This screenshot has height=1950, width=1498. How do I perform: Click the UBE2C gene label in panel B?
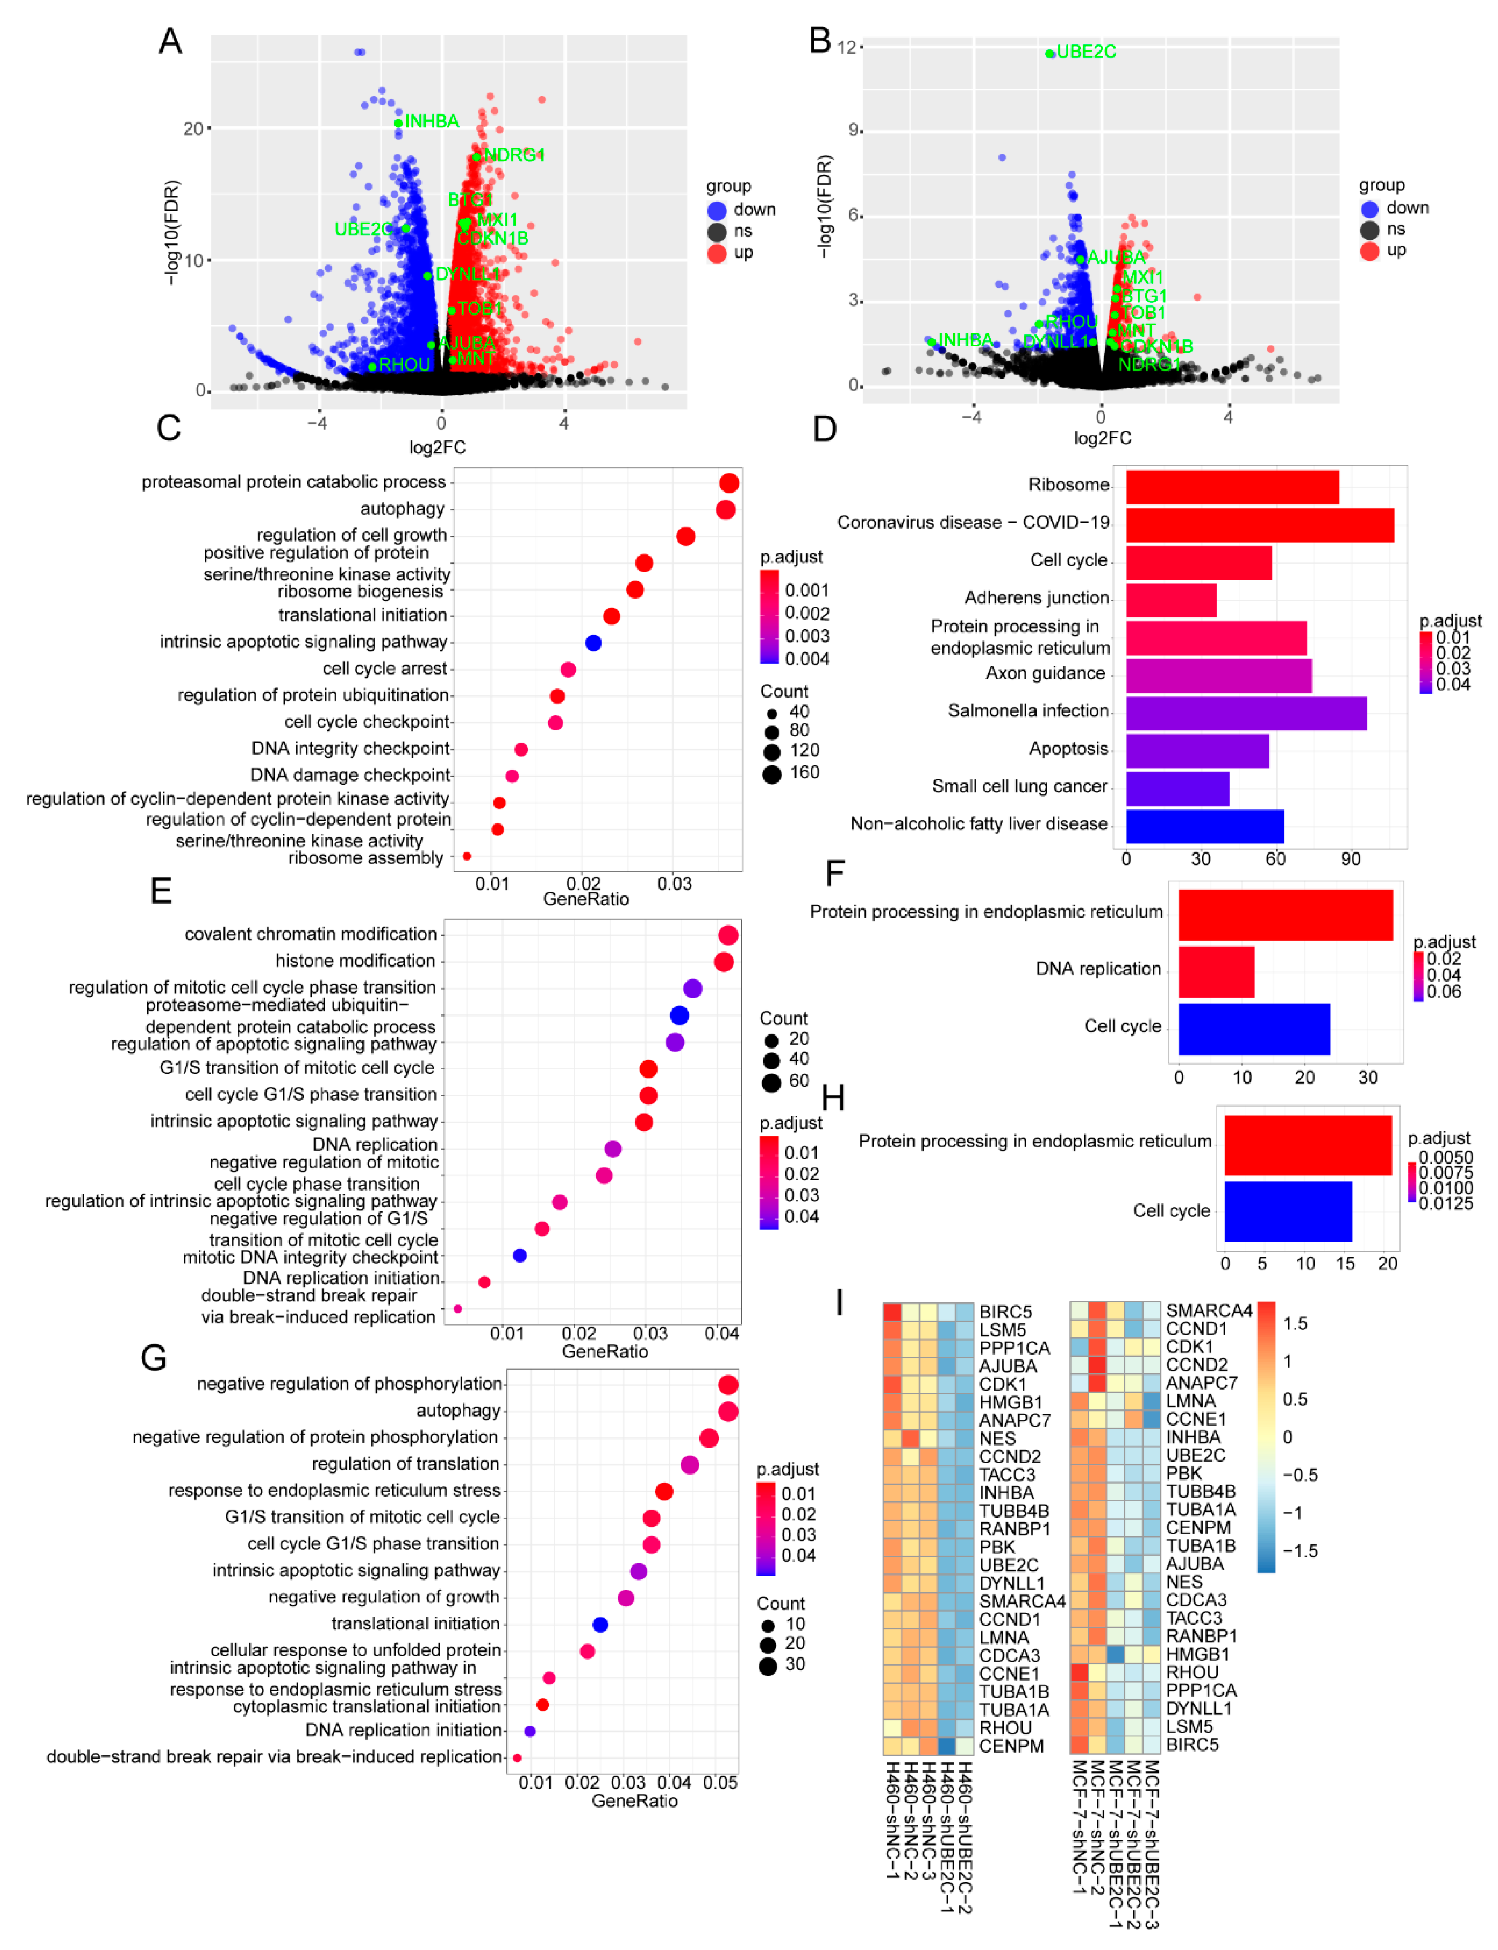click(1085, 52)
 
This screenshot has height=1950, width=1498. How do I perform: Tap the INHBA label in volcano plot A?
click(432, 121)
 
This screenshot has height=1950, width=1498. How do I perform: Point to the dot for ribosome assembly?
click(466, 856)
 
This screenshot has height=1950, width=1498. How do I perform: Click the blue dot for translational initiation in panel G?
click(600, 1625)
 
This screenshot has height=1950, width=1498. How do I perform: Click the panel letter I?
click(839, 1304)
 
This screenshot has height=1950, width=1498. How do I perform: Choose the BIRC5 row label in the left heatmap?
click(1005, 1312)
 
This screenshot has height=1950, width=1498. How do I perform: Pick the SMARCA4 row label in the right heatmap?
click(1208, 1310)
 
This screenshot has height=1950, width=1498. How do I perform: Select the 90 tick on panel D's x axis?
click(1350, 859)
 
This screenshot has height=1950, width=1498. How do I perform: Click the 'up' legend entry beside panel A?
click(743, 252)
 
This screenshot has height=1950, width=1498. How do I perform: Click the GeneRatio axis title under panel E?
click(605, 1352)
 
